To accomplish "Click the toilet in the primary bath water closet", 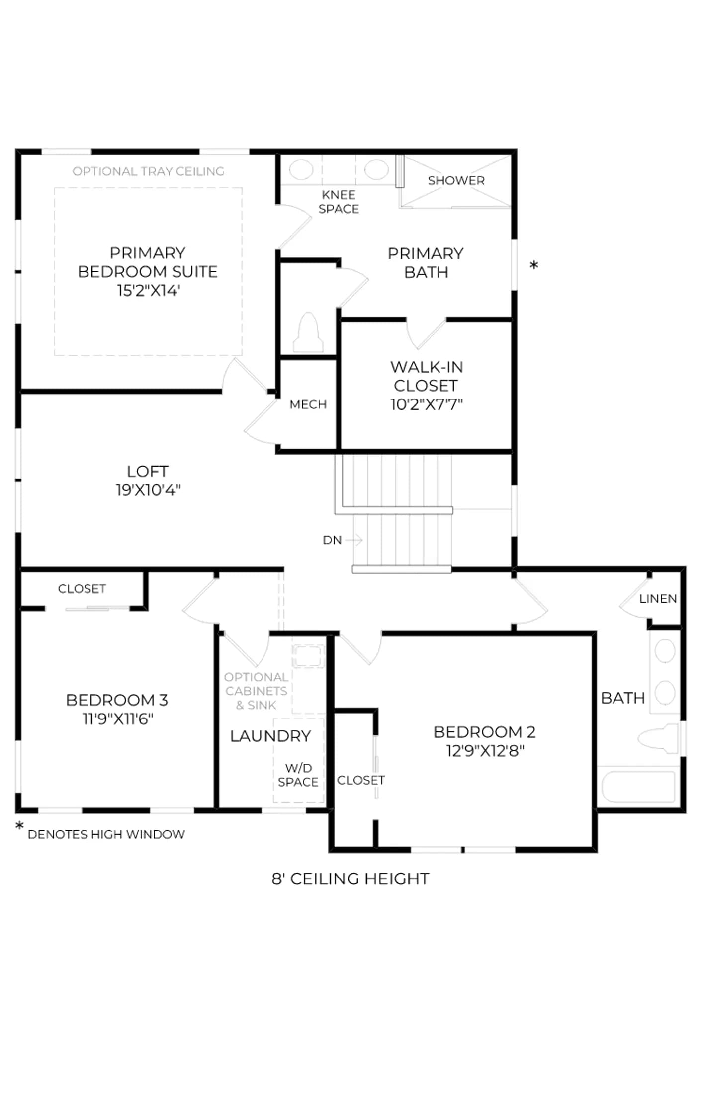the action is pos(308,332).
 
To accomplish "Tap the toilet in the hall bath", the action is pos(658,739).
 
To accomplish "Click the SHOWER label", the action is pos(456,180).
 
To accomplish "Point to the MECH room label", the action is pos(308,404).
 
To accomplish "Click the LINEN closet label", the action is pos(658,599).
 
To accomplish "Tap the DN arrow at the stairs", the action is pos(354,540).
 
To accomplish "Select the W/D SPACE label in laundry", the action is pos(298,775).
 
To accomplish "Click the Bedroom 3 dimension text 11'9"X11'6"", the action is pos(118,719).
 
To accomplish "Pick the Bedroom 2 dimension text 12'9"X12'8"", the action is pos(485,751).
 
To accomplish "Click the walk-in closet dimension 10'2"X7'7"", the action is pos(427,404).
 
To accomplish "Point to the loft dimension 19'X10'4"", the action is pos(148,490).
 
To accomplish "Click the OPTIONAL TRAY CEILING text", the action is pos(149,171).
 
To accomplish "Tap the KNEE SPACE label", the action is pos(339,202).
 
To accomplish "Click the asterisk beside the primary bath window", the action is pos(534,265).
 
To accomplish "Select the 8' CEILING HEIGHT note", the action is pos(351,879).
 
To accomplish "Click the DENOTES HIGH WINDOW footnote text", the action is pos(106,835).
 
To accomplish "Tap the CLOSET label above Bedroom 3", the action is pos(82,589).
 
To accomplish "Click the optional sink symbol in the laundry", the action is pos(308,656).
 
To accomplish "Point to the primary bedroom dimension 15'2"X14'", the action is pos(148,291).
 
